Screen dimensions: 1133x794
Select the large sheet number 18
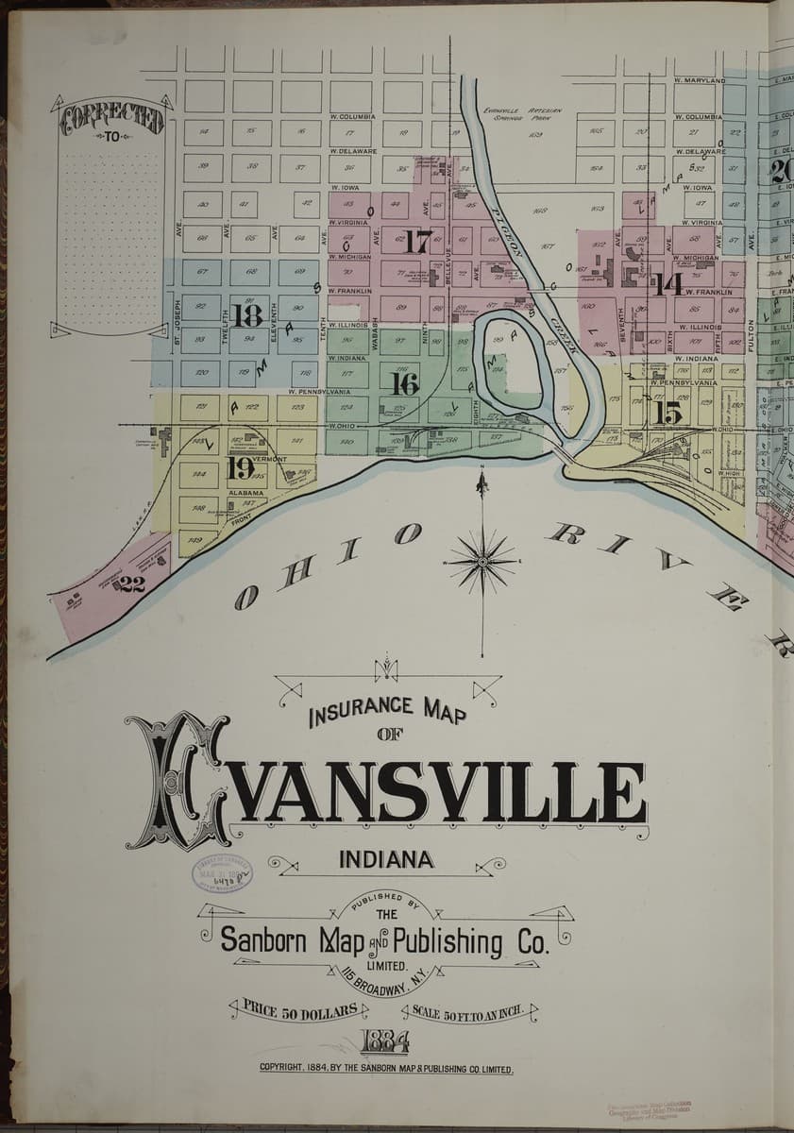[247, 314]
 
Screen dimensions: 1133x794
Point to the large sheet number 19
[240, 467]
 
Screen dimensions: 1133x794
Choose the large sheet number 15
[667, 413]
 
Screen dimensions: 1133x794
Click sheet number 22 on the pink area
[131, 584]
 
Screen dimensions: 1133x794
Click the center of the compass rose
[482, 562]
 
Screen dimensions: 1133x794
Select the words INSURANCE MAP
[387, 710]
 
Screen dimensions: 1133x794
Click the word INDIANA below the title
[386, 859]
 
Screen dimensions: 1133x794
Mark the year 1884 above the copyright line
[384, 1041]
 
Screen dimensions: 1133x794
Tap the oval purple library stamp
[222, 874]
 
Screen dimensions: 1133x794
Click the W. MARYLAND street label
[699, 81]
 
